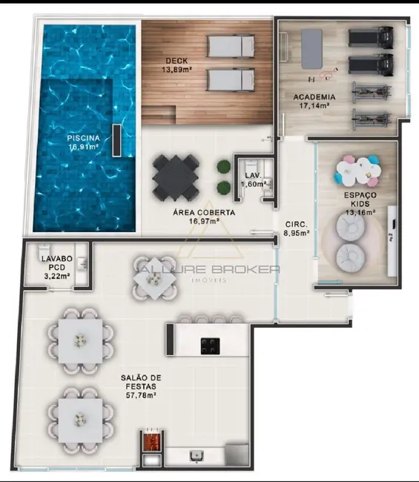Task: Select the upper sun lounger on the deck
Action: (230, 47)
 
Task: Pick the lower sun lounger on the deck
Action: (230, 79)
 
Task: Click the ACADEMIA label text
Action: (314, 97)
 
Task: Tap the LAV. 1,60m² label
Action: (255, 179)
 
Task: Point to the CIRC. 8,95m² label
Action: (297, 228)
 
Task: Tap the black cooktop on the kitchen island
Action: (210, 345)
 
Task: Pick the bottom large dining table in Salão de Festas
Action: (79, 417)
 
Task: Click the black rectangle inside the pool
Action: (116, 140)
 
